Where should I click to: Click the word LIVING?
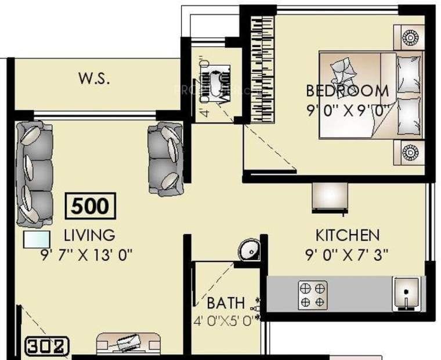pos(89,235)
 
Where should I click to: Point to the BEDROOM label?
pos(347,91)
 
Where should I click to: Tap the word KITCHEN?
pos(347,235)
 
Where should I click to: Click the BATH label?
pos(226,303)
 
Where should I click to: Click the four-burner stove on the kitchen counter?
pos(313,294)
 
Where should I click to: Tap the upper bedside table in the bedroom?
pos(409,38)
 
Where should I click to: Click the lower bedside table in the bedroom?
pos(409,153)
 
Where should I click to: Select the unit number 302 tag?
pos(48,347)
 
